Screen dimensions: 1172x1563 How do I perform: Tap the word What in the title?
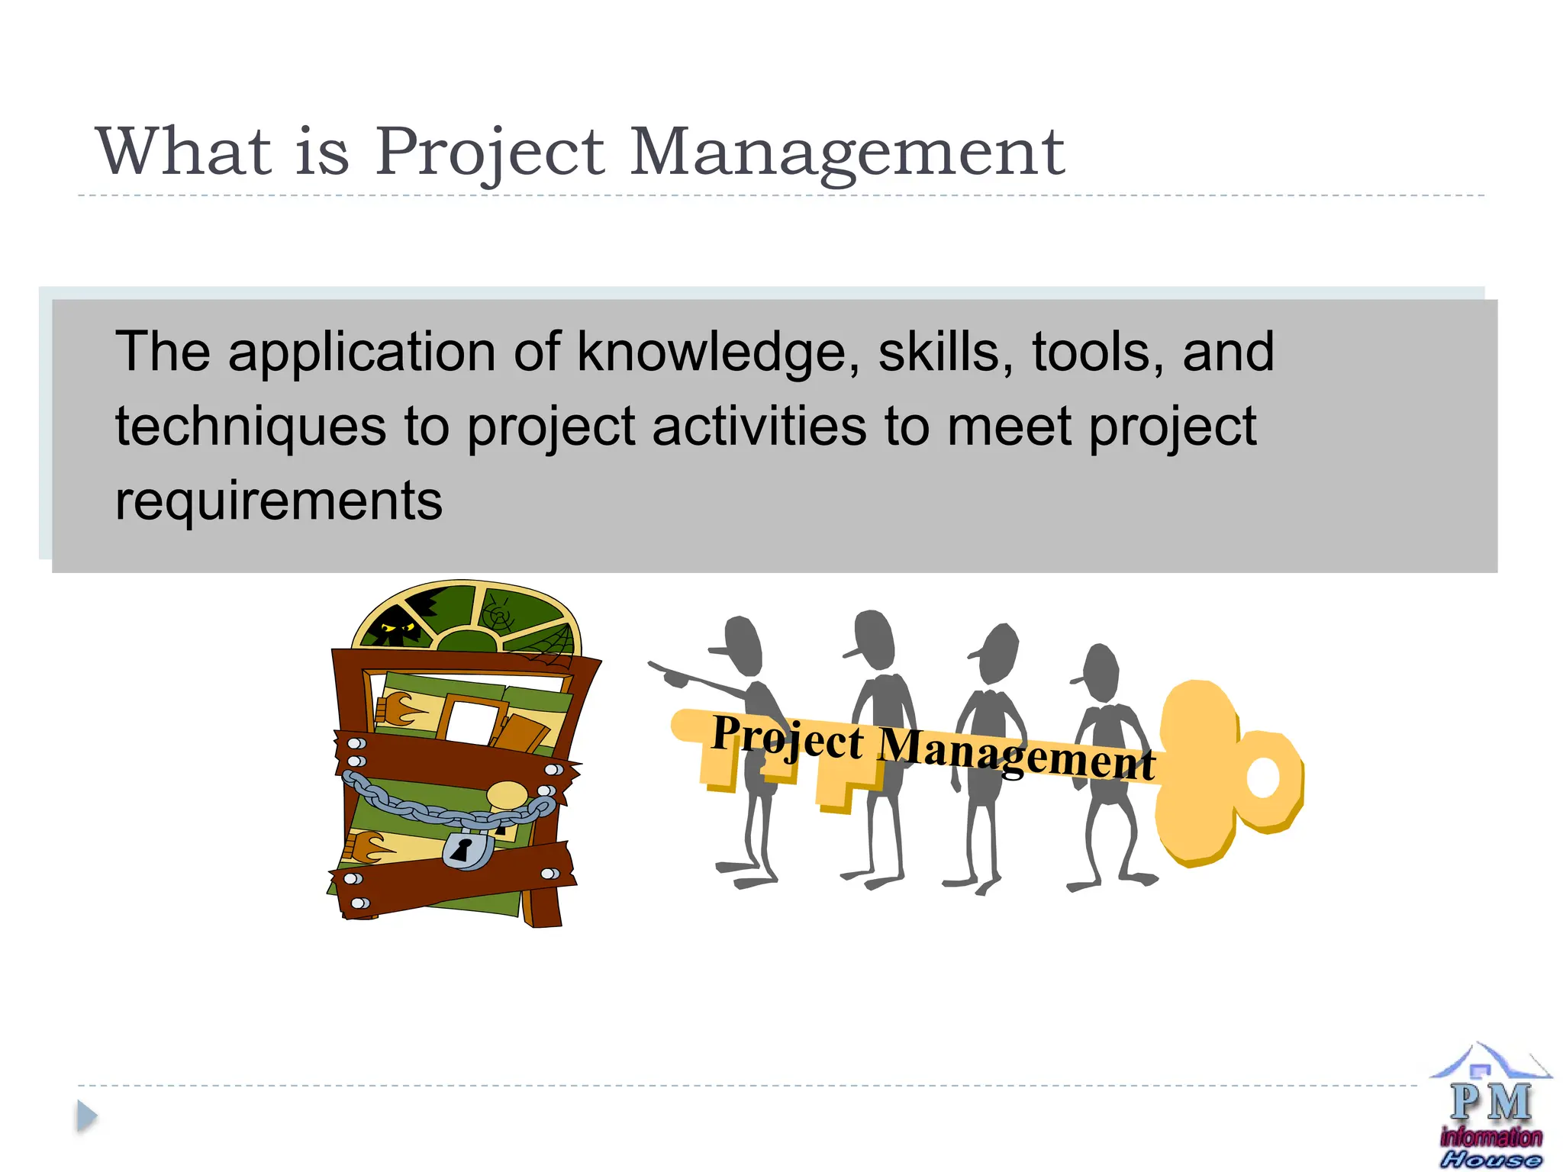pos(184,152)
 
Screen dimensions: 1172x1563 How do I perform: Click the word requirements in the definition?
pos(279,501)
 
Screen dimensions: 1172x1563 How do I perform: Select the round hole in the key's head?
pos(1262,778)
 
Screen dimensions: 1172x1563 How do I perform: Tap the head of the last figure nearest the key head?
pos(1100,672)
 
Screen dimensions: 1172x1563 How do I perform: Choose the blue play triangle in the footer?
pos(87,1117)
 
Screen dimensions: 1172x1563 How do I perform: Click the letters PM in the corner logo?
pos(1490,1103)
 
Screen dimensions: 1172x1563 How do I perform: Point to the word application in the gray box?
pos(362,353)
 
